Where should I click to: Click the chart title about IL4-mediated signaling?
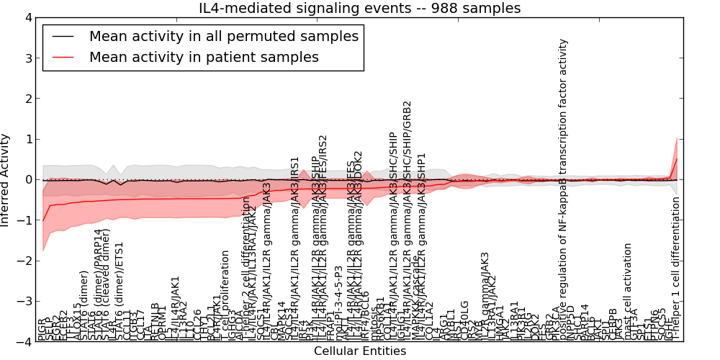pos(359,8)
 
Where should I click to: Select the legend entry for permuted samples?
pos(223,36)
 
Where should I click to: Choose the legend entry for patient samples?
pos(204,57)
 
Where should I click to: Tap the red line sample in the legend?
pos(62,57)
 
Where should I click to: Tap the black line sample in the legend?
pos(62,36)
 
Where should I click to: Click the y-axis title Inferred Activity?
pos(6,180)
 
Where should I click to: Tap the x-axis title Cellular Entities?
pos(359,351)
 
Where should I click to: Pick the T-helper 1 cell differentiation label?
pos(676,268)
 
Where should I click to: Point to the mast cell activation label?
pos(628,291)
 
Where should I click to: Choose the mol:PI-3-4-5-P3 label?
pos(339,302)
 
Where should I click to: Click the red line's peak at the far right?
pos(677,158)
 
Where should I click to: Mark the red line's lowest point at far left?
pos(43,221)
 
